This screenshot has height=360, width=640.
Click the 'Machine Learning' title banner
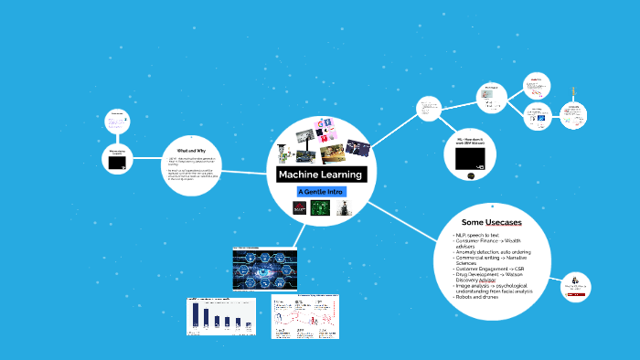pos(321,175)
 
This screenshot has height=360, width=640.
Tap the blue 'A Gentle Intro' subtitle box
pos(321,191)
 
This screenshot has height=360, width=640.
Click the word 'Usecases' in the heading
pos(507,223)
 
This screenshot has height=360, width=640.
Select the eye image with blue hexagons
pos(265,270)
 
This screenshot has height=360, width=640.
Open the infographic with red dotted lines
pos(305,316)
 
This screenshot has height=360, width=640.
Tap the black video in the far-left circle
pos(117,162)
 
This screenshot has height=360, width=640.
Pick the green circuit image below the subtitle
pos(320,208)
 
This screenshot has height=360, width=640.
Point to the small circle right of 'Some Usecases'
pos(575,287)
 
